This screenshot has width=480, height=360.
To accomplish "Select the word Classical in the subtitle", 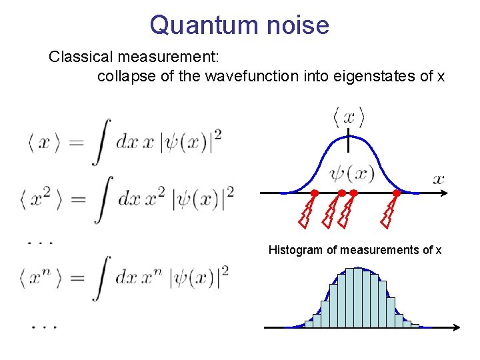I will point(77,57).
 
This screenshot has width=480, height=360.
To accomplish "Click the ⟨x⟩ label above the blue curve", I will point(349,118).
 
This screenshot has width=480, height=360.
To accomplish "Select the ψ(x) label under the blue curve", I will point(352,174).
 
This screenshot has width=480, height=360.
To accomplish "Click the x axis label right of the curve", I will point(438,178).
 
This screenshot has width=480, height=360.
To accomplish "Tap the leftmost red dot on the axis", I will point(315,193).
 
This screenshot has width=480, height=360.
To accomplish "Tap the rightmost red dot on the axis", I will point(396,193).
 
